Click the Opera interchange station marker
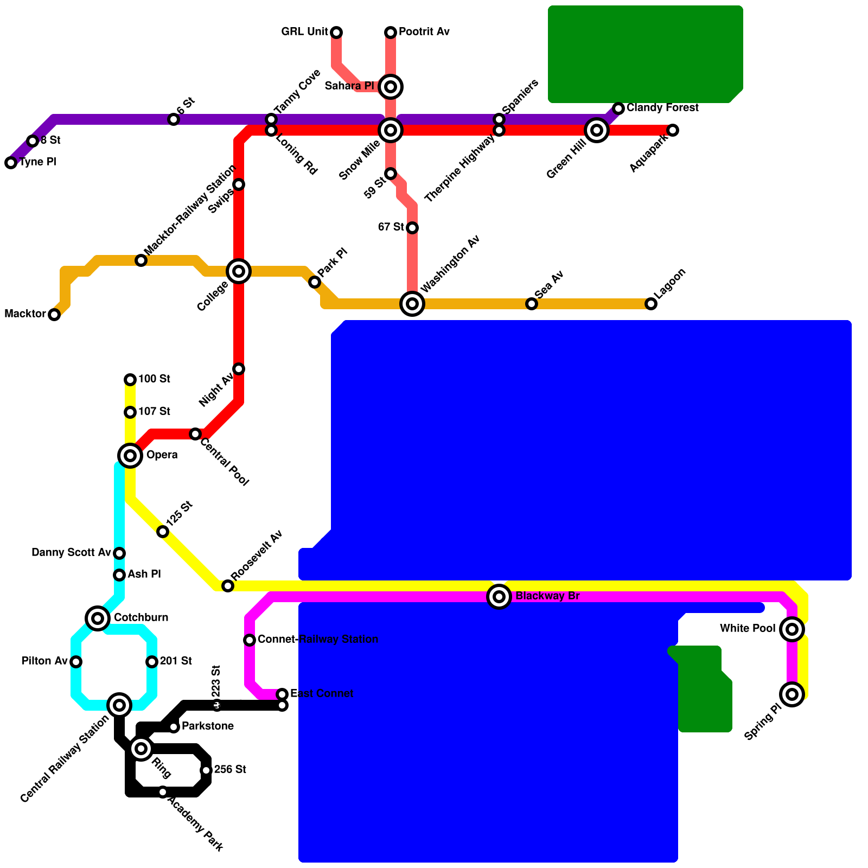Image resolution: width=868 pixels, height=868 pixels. [x=130, y=455]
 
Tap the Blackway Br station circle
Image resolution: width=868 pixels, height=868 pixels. [x=499, y=597]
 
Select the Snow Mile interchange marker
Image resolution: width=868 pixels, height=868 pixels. [x=391, y=130]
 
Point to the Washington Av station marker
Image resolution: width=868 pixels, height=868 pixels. [x=412, y=303]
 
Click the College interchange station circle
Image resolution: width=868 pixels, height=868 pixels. [x=239, y=271]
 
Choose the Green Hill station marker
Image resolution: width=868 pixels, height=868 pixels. [x=597, y=130]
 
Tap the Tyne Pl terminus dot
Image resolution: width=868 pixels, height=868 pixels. [x=11, y=163]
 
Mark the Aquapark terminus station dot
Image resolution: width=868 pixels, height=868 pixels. [x=673, y=130]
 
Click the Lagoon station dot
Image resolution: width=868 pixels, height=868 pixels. [x=651, y=304]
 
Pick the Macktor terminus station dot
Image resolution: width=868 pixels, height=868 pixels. [x=54, y=315]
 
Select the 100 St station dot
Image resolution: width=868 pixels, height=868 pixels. [x=130, y=379]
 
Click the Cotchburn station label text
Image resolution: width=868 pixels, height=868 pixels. [x=141, y=618]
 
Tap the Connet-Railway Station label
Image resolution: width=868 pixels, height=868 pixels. [x=318, y=640]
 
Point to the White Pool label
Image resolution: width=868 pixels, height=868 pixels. [x=748, y=629]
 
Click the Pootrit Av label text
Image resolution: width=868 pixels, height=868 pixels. [x=424, y=32]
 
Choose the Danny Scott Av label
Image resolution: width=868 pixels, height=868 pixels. [x=71, y=553]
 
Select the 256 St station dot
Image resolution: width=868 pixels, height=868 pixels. [x=206, y=770]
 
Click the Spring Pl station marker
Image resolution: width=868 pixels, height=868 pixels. [x=792, y=694]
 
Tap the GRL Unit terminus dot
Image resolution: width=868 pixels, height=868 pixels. [x=336, y=33]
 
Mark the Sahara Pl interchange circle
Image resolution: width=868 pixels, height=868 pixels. [x=391, y=86]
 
